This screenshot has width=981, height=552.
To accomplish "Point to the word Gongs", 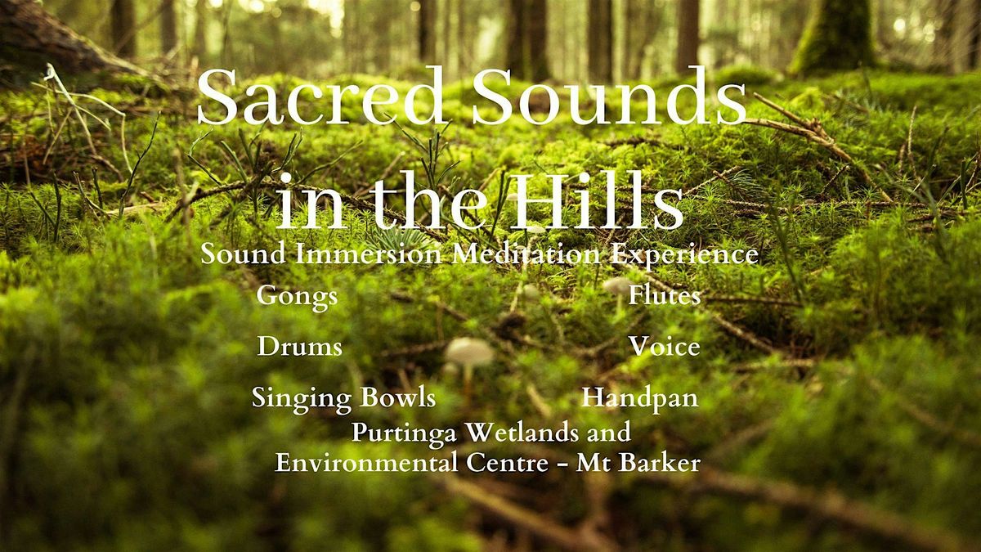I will click(x=297, y=296).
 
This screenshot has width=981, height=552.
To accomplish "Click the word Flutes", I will click(x=664, y=296).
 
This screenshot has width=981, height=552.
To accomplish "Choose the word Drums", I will click(x=299, y=347).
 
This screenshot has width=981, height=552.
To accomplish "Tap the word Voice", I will click(x=664, y=347).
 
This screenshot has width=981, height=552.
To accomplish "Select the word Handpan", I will click(x=639, y=398).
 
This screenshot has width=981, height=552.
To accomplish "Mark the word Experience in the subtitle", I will click(x=685, y=255).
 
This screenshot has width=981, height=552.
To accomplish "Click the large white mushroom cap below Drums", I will click(x=469, y=351).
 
